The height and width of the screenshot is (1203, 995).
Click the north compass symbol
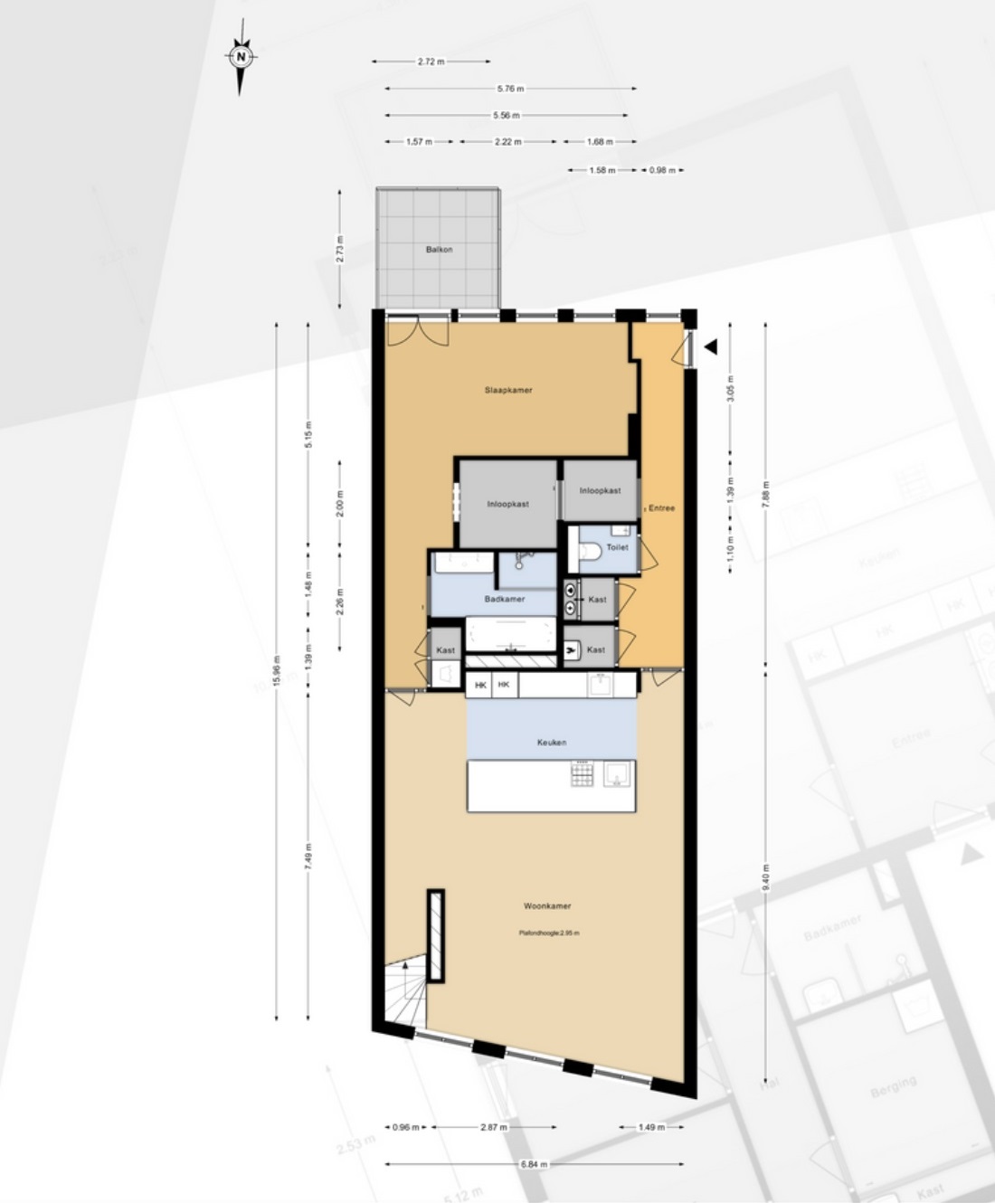(241, 57)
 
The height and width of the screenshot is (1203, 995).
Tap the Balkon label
(440, 250)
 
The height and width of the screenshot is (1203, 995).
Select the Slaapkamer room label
(508, 391)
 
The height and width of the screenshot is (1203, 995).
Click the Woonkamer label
(547, 905)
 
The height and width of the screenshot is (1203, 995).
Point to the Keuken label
(552, 743)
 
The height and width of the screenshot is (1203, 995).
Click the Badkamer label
(504, 599)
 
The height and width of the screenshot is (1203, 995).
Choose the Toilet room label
(617, 547)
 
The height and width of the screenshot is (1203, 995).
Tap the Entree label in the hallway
(661, 508)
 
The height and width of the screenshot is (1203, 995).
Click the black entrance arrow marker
(711, 346)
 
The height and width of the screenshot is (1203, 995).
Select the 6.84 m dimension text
(534, 1164)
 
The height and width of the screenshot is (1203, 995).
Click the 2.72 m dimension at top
(431, 62)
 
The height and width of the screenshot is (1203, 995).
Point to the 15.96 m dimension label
(277, 671)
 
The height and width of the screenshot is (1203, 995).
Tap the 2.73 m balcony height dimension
(340, 248)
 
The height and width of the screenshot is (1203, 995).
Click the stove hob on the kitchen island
(583, 774)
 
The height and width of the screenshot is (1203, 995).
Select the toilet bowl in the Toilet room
(590, 550)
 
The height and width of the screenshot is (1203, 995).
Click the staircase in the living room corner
(404, 993)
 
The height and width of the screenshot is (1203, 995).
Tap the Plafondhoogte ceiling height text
(549, 933)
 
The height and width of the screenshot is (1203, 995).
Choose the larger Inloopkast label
(507, 504)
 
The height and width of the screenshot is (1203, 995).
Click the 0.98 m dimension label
(662, 170)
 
